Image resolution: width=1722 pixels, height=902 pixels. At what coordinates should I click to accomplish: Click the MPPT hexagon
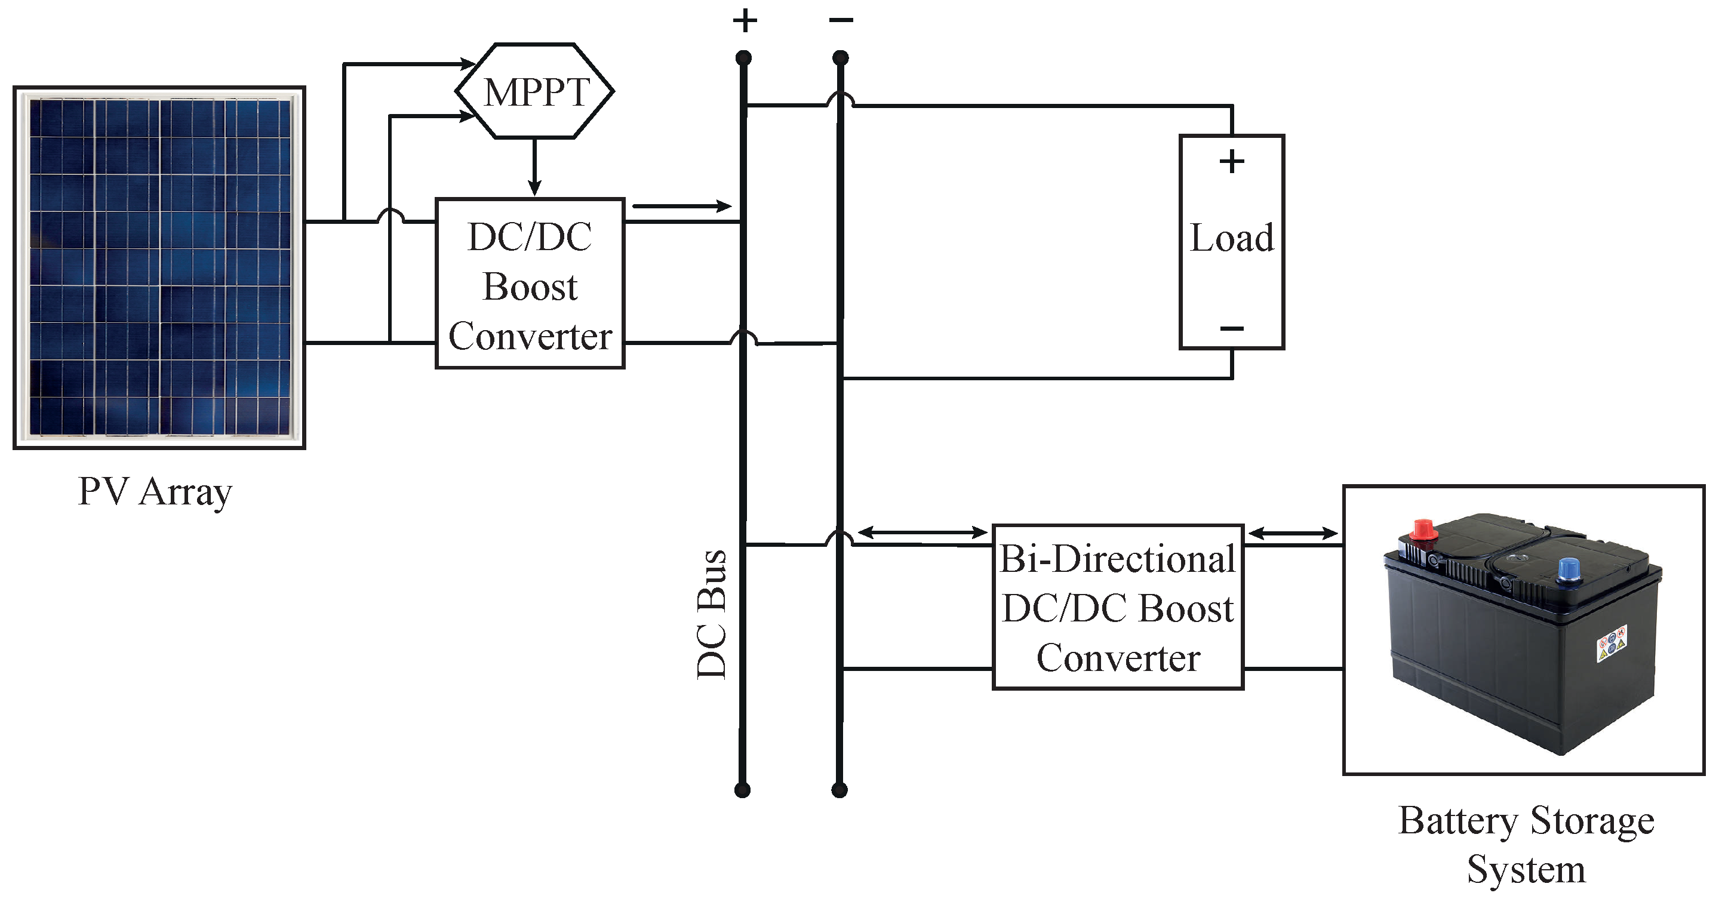tap(535, 91)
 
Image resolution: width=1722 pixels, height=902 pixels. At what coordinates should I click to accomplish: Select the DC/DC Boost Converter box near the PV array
tap(530, 284)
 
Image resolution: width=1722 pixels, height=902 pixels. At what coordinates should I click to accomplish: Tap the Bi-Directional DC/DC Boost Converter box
tap(1118, 607)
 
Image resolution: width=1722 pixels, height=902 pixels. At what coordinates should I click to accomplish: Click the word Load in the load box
tap(1231, 238)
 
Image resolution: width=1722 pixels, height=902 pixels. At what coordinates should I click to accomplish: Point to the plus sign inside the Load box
tap(1231, 162)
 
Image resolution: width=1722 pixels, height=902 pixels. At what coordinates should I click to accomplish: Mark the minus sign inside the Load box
tap(1231, 328)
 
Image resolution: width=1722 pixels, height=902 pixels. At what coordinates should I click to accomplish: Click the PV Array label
tap(155, 492)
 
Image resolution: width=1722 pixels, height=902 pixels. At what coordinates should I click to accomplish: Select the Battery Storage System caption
tap(1526, 845)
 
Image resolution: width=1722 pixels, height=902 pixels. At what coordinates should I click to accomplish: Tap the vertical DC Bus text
tap(711, 615)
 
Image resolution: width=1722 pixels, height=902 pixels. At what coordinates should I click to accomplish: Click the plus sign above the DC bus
tap(745, 21)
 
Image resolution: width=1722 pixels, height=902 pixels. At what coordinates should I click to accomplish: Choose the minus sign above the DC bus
tap(841, 20)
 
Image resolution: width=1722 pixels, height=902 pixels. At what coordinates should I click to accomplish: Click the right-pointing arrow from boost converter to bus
tap(682, 207)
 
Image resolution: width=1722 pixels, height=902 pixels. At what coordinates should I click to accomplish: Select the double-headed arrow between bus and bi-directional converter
tap(922, 532)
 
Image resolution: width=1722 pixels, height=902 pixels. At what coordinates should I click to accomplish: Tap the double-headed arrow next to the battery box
tap(1293, 533)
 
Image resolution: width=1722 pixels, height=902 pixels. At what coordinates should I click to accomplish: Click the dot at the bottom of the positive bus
tap(742, 790)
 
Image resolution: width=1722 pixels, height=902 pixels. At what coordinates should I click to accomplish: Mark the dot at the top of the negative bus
tap(840, 58)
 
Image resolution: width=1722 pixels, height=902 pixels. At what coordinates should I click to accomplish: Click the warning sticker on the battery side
tap(1611, 644)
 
